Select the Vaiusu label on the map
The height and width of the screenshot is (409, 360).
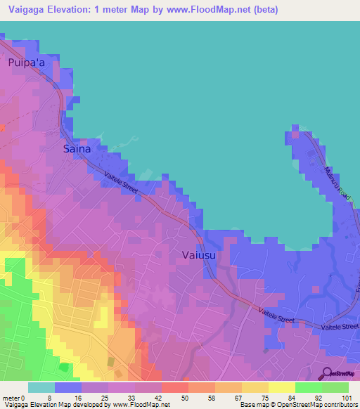[x=199, y=256]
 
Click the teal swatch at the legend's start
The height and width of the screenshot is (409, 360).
[x=41, y=387]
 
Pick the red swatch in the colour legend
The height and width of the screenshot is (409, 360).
[x=174, y=387]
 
